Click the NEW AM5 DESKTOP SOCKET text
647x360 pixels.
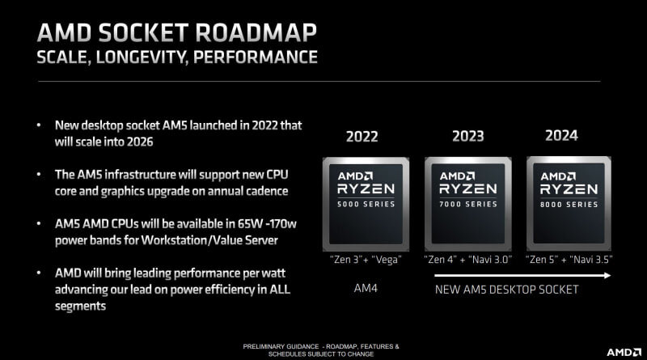[507, 289]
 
